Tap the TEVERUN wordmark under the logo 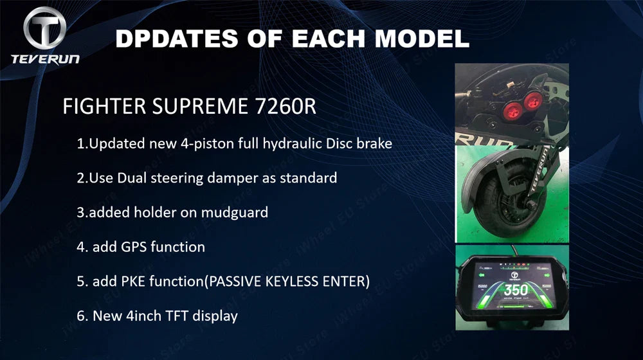pos(45,59)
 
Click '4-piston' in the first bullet pos(194,143)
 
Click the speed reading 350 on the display pos(514,290)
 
